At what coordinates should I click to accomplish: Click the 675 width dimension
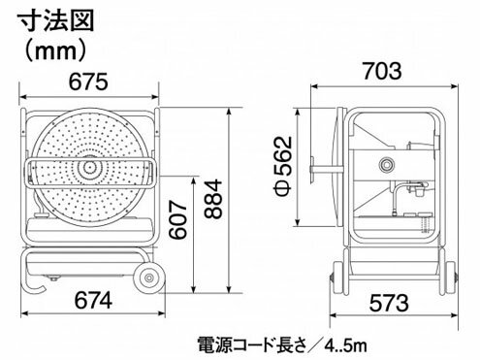point(88,82)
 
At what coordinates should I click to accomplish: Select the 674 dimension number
point(93,301)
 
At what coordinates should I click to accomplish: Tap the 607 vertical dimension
point(178,220)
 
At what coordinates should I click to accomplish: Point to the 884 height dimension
point(214,200)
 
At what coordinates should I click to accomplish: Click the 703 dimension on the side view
point(382,71)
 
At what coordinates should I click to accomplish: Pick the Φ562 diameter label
point(284,167)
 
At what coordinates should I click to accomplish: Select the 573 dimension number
point(389,303)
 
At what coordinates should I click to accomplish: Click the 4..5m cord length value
point(345,345)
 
